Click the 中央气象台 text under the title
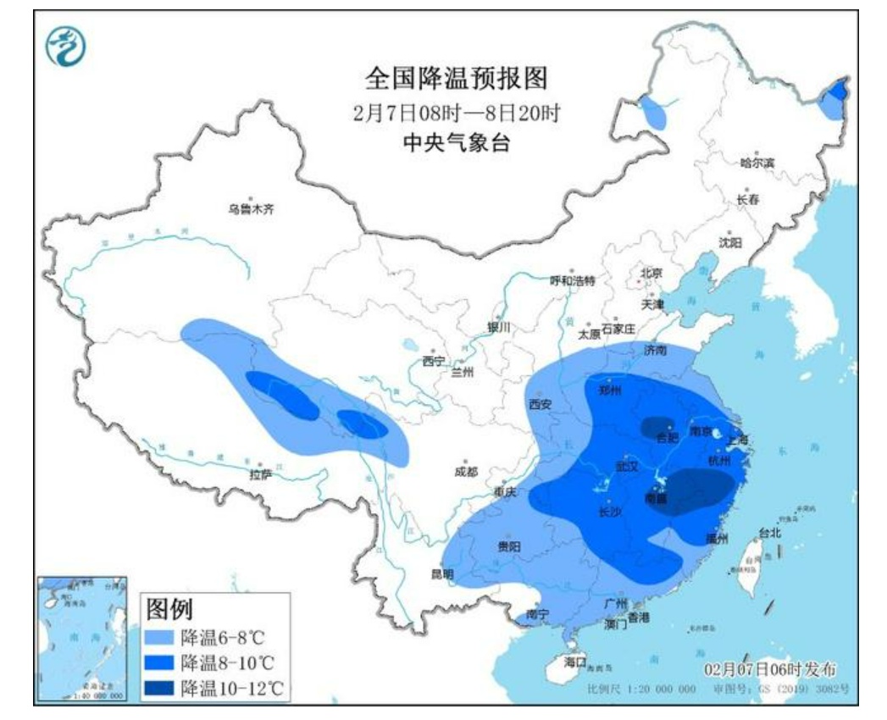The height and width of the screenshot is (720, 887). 457,142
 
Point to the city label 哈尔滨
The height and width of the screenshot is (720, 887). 757,163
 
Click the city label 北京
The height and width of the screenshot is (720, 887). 651,274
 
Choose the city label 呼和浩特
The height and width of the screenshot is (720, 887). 573,280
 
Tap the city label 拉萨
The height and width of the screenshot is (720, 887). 260,474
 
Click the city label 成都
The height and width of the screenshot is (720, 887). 465,472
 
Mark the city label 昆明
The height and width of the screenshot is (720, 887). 442,573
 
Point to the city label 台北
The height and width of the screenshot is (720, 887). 769,534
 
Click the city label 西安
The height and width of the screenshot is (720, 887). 540,405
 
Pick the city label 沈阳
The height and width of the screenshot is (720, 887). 729,242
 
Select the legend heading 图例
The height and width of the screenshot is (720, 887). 169,608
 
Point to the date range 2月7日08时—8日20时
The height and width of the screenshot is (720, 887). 457,112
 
